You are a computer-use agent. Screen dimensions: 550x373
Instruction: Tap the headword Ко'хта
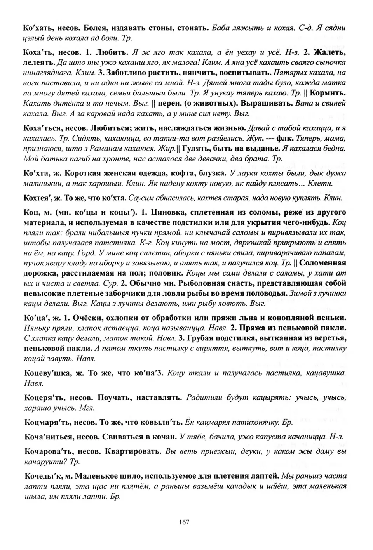pos(40,173)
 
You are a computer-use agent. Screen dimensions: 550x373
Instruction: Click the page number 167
pos(185,522)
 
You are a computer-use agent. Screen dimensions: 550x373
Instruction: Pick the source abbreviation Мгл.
pos(87,408)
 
